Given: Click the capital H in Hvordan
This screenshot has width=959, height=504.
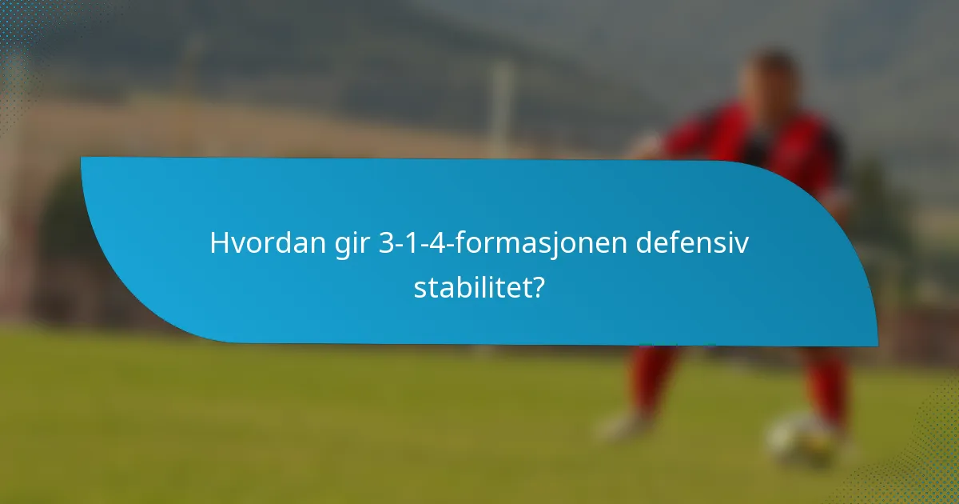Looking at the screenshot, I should pyautogui.click(x=218, y=243).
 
